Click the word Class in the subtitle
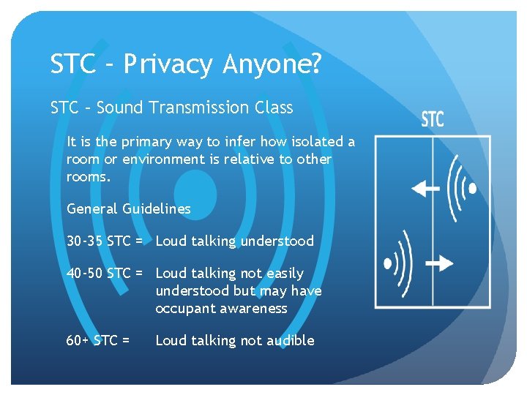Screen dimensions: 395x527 click(x=273, y=108)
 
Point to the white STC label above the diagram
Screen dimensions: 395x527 click(x=433, y=119)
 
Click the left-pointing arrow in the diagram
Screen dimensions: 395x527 click(x=425, y=189)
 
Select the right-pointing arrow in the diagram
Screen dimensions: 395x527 click(x=438, y=262)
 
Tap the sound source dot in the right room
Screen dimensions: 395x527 click(x=473, y=189)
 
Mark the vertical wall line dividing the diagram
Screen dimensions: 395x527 click(x=432, y=219)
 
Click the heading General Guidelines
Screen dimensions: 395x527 click(x=128, y=208)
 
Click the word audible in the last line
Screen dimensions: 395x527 click(x=291, y=340)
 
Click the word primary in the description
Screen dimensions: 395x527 click(x=154, y=141)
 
